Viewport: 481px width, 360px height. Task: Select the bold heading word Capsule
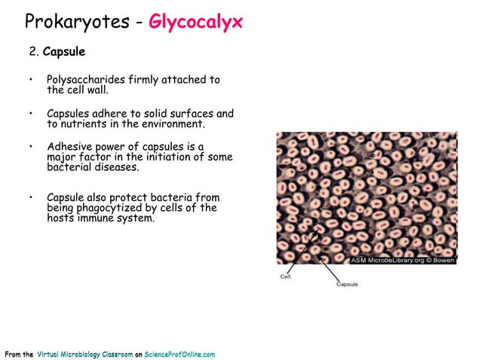64,53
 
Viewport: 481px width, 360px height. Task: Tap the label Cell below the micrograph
286,276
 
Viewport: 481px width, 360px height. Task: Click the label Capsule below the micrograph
347,284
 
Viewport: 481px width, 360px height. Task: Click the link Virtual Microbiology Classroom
85,354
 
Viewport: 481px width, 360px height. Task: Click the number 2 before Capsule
32,53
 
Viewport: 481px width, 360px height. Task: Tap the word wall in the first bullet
99,90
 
